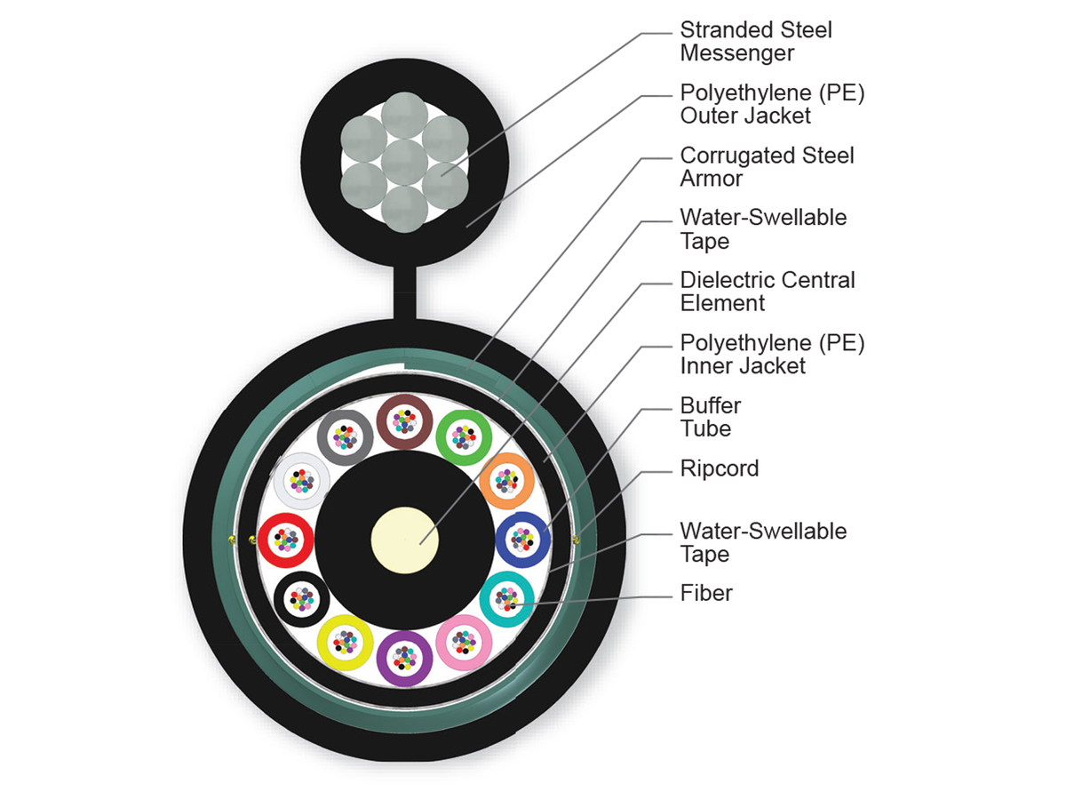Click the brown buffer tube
click(404, 420)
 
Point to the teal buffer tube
click(506, 600)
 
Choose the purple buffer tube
click(404, 659)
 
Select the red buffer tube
click(285, 540)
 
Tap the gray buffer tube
click(345, 436)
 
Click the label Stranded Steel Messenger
click(756, 42)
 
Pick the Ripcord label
click(719, 468)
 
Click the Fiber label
click(706, 593)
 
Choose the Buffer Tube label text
click(710, 417)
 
